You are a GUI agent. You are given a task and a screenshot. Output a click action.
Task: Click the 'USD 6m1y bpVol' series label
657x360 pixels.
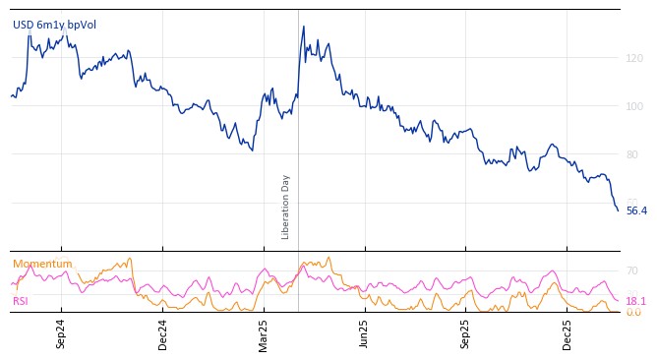(54, 25)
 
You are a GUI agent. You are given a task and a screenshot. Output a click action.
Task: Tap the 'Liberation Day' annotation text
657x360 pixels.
(286, 207)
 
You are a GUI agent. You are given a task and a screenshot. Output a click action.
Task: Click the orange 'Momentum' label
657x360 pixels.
(42, 264)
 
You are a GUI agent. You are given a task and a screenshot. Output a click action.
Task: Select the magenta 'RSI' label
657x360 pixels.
(21, 301)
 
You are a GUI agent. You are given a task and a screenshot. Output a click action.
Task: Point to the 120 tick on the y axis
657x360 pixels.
(634, 59)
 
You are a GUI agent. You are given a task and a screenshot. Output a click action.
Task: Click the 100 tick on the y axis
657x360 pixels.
(634, 106)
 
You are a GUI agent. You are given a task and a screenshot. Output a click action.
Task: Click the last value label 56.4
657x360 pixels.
(636, 211)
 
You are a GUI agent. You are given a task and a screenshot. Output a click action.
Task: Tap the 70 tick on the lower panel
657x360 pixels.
(631, 270)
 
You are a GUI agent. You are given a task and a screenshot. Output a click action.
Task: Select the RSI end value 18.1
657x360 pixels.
(635, 301)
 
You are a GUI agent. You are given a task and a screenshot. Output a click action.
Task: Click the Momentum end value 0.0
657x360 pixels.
(632, 313)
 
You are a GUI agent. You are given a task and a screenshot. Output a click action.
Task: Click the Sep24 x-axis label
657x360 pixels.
(61, 333)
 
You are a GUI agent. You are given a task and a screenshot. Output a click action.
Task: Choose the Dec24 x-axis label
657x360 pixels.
(163, 333)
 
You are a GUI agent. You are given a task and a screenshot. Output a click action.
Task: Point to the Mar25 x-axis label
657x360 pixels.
(264, 333)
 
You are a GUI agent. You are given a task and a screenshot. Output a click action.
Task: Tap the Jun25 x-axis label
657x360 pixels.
(364, 333)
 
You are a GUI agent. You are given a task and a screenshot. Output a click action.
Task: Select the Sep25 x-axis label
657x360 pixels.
(465, 333)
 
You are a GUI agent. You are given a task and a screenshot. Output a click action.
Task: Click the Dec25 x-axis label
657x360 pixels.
(567, 333)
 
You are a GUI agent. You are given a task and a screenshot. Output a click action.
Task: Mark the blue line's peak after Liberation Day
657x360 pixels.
(303, 27)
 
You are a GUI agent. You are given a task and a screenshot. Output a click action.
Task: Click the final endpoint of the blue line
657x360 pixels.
(618, 210)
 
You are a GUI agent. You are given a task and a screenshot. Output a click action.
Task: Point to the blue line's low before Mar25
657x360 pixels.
(253, 150)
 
